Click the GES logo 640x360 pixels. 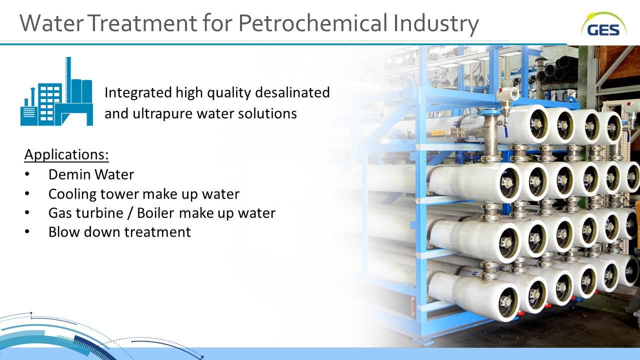pyautogui.click(x=603, y=25)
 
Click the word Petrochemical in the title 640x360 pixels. pyautogui.click(x=313, y=23)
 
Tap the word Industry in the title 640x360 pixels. pyautogui.click(x=436, y=23)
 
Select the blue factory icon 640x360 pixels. pyautogui.click(x=56, y=91)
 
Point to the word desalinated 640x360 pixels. pyautogui.click(x=292, y=92)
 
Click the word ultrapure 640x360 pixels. pyautogui.click(x=163, y=113)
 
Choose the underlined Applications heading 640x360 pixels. pyautogui.click(x=66, y=154)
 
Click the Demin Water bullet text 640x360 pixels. pyautogui.click(x=91, y=174)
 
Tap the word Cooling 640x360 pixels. pyautogui.click(x=72, y=194)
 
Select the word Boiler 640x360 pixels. pyautogui.click(x=155, y=213)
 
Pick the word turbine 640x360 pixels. pyautogui.click(x=95, y=213)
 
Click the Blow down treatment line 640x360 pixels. pyautogui.click(x=119, y=232)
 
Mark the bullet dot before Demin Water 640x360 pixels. pyautogui.click(x=27, y=174)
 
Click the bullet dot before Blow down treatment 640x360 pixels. pyautogui.click(x=27, y=231)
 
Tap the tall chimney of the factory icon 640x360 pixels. pyautogui.click(x=68, y=79)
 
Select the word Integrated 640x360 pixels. pyautogui.click(x=138, y=92)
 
